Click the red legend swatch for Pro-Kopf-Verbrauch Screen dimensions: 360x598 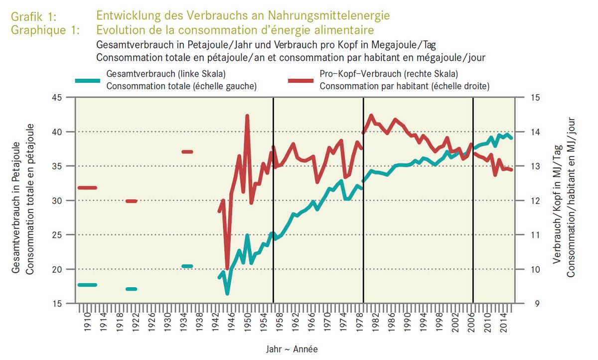pyautogui.click(x=300, y=80)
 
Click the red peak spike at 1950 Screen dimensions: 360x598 pyautogui.click(x=247, y=116)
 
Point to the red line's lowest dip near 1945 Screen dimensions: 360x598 pyautogui.click(x=227, y=269)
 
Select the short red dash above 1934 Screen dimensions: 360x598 pyautogui.click(x=187, y=152)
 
